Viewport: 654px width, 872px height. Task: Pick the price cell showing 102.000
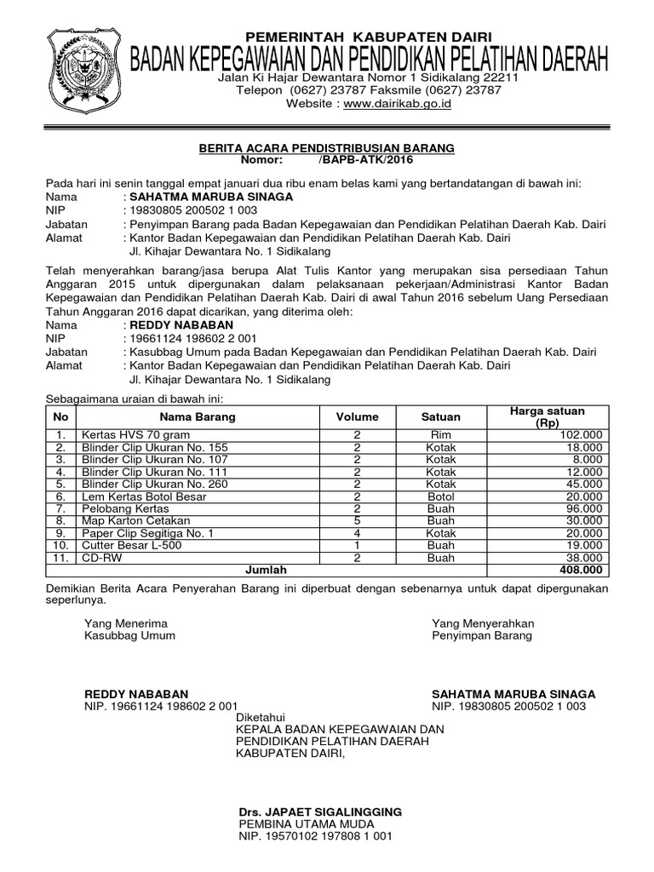(x=581, y=435)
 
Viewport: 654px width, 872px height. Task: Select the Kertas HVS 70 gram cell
(x=124, y=435)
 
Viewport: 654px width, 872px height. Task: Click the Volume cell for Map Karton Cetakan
(x=357, y=520)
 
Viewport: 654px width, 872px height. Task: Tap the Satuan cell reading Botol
(x=441, y=496)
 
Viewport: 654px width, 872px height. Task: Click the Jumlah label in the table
(x=267, y=571)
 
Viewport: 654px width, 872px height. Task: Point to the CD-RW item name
(x=98, y=558)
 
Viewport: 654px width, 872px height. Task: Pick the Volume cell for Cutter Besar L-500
(x=357, y=545)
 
